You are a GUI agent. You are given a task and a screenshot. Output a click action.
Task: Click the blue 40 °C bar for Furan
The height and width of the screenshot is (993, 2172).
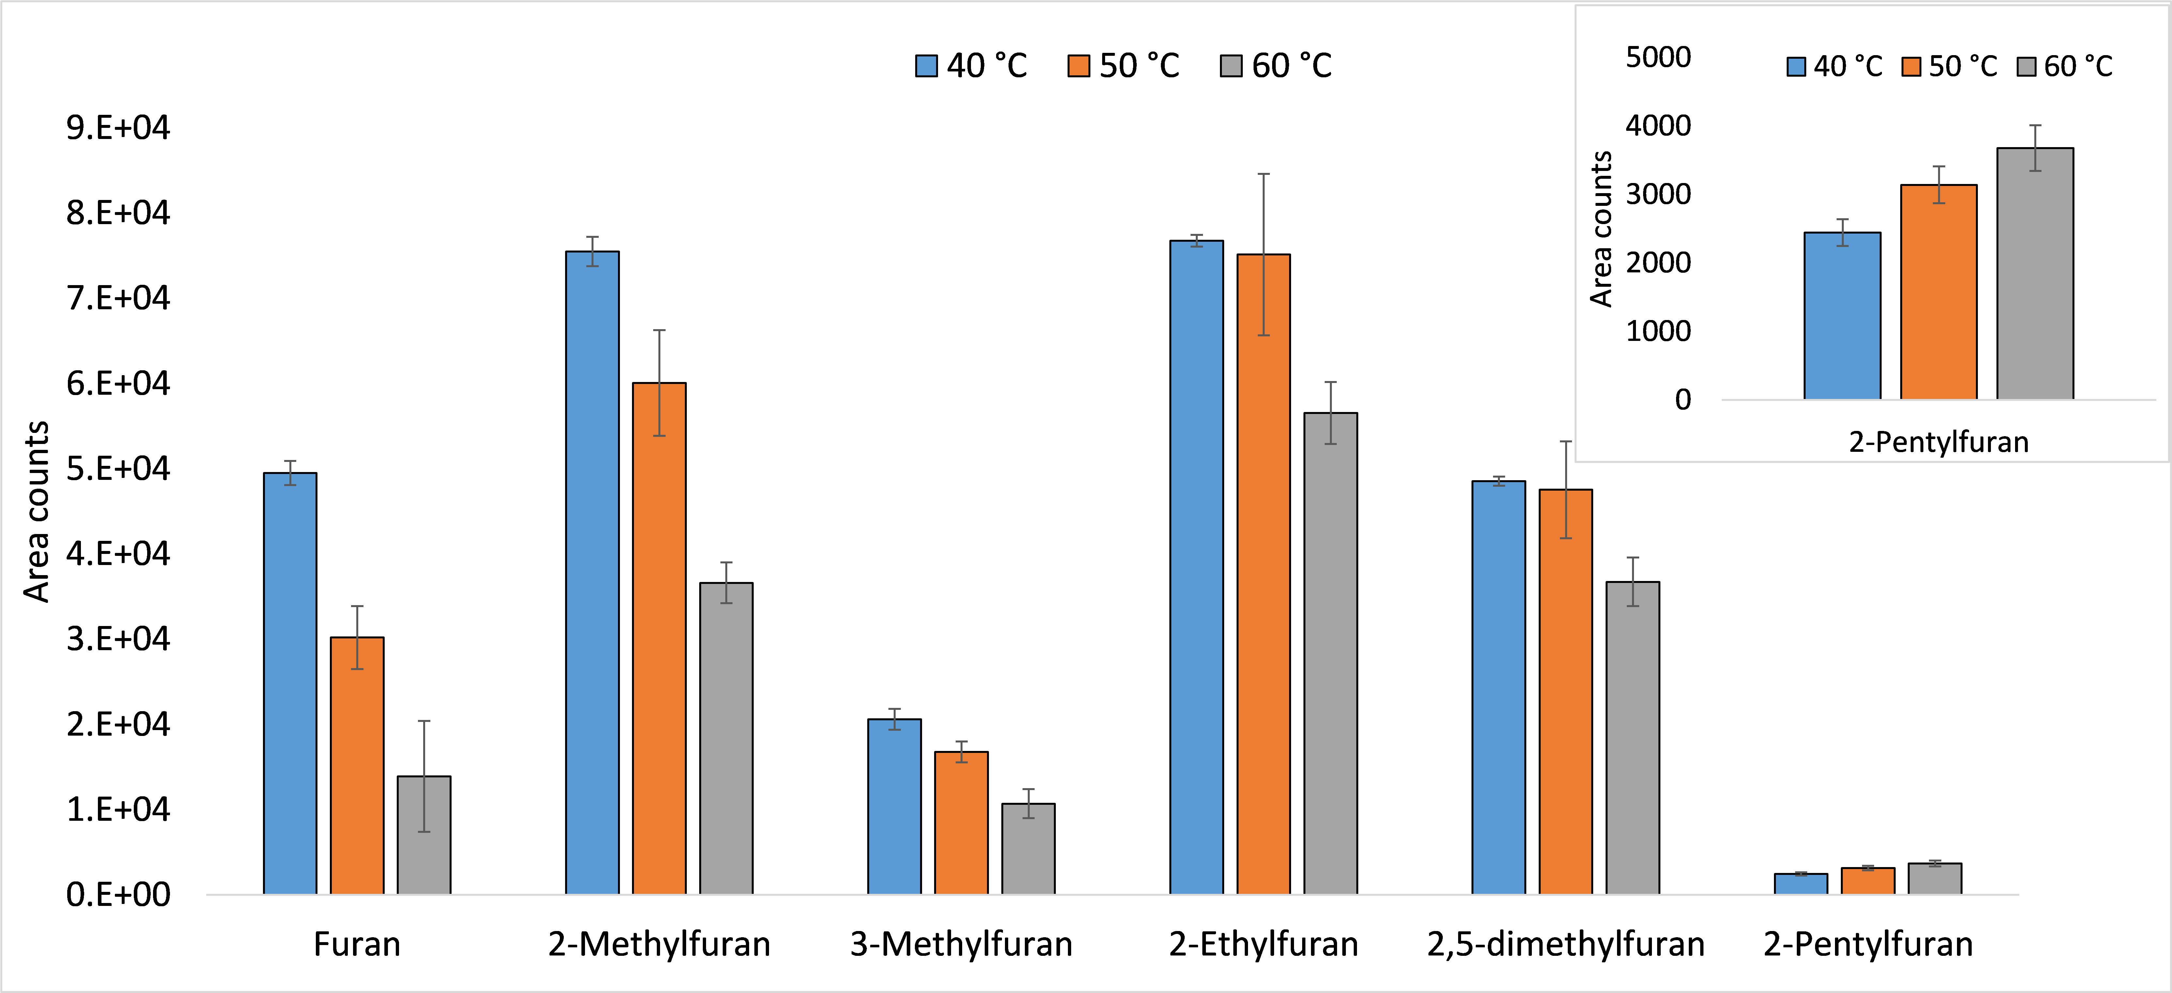(290, 683)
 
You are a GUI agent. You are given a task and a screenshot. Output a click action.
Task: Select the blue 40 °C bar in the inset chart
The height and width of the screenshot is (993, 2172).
(1842, 316)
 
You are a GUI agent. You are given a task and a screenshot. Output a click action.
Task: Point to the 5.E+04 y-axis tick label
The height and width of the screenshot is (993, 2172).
(118, 469)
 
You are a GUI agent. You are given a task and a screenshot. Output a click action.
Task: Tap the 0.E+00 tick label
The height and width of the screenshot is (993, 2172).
(118, 894)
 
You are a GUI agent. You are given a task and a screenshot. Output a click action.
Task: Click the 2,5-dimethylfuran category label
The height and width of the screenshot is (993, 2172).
(1566, 944)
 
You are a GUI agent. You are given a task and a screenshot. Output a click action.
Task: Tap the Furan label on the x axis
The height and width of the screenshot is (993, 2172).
(357, 944)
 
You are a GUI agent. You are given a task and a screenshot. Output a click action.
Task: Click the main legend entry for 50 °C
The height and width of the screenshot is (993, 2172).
(1124, 66)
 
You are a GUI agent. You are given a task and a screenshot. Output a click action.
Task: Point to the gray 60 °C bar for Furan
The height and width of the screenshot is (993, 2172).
(424, 834)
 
